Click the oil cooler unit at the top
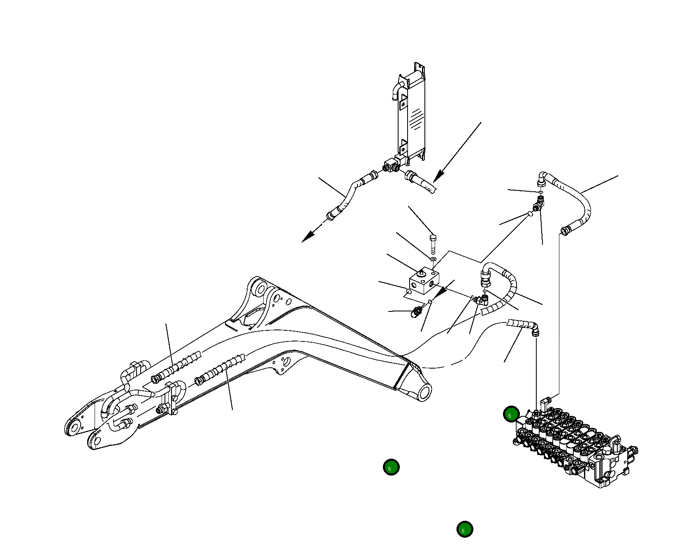[x=411, y=115]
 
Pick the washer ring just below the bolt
[x=433, y=259]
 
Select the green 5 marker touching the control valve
[x=511, y=414]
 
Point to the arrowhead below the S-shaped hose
[x=308, y=236]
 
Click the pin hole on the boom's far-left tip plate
[x=74, y=428]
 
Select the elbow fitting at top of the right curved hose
[x=543, y=178]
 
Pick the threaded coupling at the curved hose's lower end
[x=566, y=230]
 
